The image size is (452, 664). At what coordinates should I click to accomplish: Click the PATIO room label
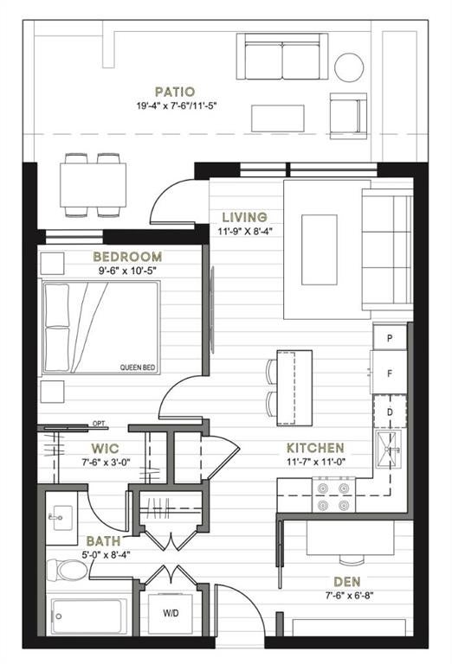click(x=175, y=92)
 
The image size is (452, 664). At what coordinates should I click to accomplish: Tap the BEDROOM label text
click(x=127, y=257)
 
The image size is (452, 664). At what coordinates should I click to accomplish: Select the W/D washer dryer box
click(x=171, y=613)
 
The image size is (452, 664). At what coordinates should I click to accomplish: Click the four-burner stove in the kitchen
click(x=333, y=495)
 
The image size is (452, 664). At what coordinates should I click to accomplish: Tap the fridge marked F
click(x=389, y=373)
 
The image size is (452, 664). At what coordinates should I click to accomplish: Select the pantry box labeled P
click(x=390, y=337)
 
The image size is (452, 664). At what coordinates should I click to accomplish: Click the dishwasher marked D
click(x=390, y=412)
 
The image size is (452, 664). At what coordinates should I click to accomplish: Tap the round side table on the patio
click(x=349, y=67)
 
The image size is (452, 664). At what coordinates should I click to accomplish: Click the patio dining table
click(x=94, y=185)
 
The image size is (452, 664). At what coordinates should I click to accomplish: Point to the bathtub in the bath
click(x=89, y=616)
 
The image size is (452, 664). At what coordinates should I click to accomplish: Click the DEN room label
click(x=347, y=582)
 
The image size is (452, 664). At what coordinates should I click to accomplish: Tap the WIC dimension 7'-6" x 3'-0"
click(x=106, y=462)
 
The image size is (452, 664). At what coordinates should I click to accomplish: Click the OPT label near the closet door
click(x=99, y=424)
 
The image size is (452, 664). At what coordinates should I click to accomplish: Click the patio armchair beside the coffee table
click(x=348, y=116)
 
